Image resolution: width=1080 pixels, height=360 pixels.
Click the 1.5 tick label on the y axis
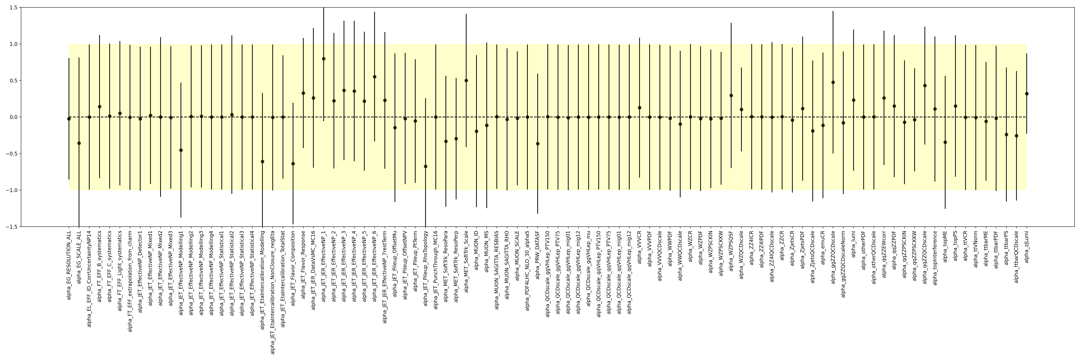pyautogui.click(x=12, y=8)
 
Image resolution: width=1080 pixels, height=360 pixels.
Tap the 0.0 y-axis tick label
pyautogui.click(x=12, y=117)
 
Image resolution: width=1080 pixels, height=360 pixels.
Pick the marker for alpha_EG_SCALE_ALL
pyautogui.click(x=79, y=143)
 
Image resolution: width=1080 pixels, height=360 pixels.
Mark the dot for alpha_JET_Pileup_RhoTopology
pyautogui.click(x=426, y=166)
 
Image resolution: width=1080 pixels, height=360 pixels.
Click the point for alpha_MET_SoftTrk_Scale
pyautogui.click(x=466, y=80)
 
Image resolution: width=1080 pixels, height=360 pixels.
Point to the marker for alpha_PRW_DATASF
pyautogui.click(x=537, y=144)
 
